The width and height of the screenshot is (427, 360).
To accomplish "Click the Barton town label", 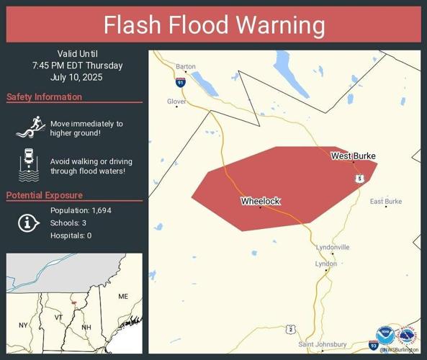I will pyautogui.click(x=185, y=67).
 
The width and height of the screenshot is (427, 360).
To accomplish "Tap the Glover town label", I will pyautogui.click(x=176, y=102).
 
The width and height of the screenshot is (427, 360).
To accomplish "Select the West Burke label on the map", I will pyautogui.click(x=353, y=156).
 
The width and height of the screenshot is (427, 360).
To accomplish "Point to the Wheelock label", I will pyautogui.click(x=260, y=201).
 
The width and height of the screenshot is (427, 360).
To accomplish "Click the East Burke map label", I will pyautogui.click(x=385, y=201).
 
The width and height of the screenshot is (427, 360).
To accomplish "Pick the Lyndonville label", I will pyautogui.click(x=333, y=247).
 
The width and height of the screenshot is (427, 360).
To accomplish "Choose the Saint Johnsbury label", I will pyautogui.click(x=322, y=344).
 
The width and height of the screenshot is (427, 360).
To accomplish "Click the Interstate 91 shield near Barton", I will pyautogui.click(x=180, y=83).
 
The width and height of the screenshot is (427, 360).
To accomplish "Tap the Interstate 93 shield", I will pyautogui.click(x=374, y=346).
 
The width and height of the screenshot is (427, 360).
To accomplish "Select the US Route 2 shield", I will pyautogui.click(x=289, y=329).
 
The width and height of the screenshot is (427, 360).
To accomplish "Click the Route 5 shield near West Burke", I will pyautogui.click(x=359, y=178).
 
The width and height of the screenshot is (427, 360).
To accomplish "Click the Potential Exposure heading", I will pyautogui.click(x=44, y=195).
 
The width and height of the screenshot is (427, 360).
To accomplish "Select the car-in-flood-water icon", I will pyautogui.click(x=27, y=164).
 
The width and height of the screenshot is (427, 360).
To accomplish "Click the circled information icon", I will pyautogui.click(x=27, y=223).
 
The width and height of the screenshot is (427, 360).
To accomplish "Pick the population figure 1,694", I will pyautogui.click(x=102, y=210).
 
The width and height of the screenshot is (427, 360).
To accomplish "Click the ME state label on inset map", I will pyautogui.click(x=123, y=296).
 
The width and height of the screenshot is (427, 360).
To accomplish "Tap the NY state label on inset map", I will pyautogui.click(x=23, y=325).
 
